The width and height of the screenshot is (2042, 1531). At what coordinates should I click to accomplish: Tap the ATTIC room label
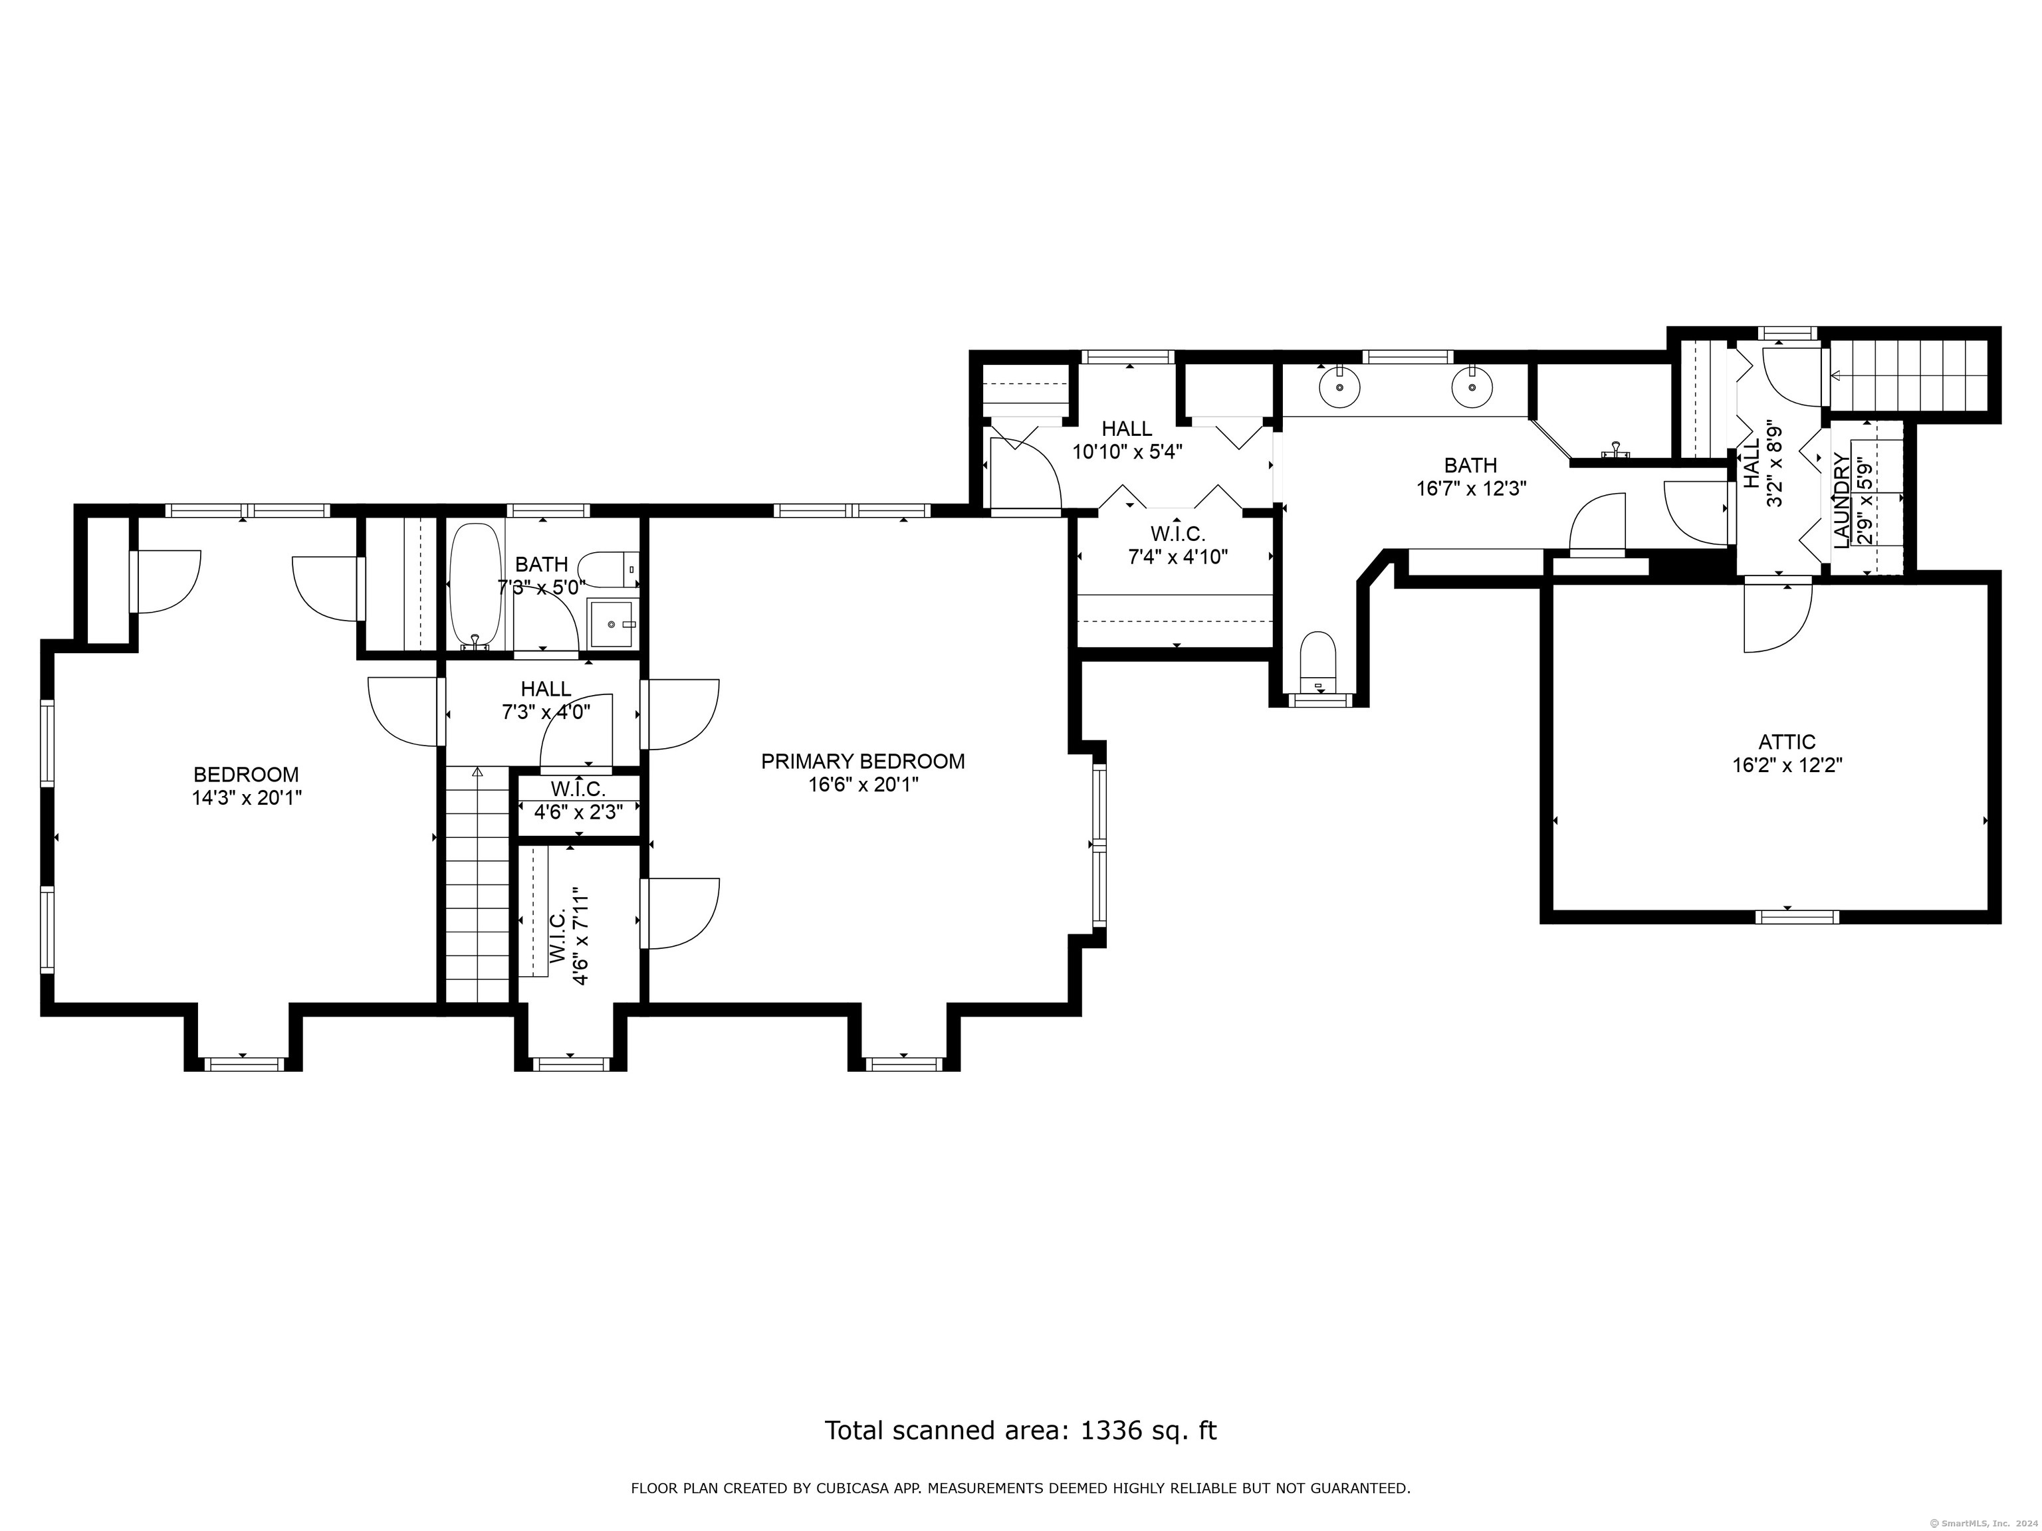point(1787,742)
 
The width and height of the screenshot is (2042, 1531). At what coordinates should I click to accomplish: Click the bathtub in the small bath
point(475,587)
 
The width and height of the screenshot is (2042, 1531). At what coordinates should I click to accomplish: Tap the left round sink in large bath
point(1339,387)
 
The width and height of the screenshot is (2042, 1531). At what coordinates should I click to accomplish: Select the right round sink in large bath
point(1472,387)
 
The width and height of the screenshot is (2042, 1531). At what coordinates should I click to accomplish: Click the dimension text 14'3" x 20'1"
point(247,797)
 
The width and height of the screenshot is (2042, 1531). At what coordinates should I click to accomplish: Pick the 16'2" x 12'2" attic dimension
point(1787,765)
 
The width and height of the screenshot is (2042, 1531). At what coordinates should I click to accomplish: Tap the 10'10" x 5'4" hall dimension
point(1127,451)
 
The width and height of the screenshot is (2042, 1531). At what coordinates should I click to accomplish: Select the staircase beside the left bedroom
point(477,884)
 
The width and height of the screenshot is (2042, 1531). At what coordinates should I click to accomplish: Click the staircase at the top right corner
point(1908,375)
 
